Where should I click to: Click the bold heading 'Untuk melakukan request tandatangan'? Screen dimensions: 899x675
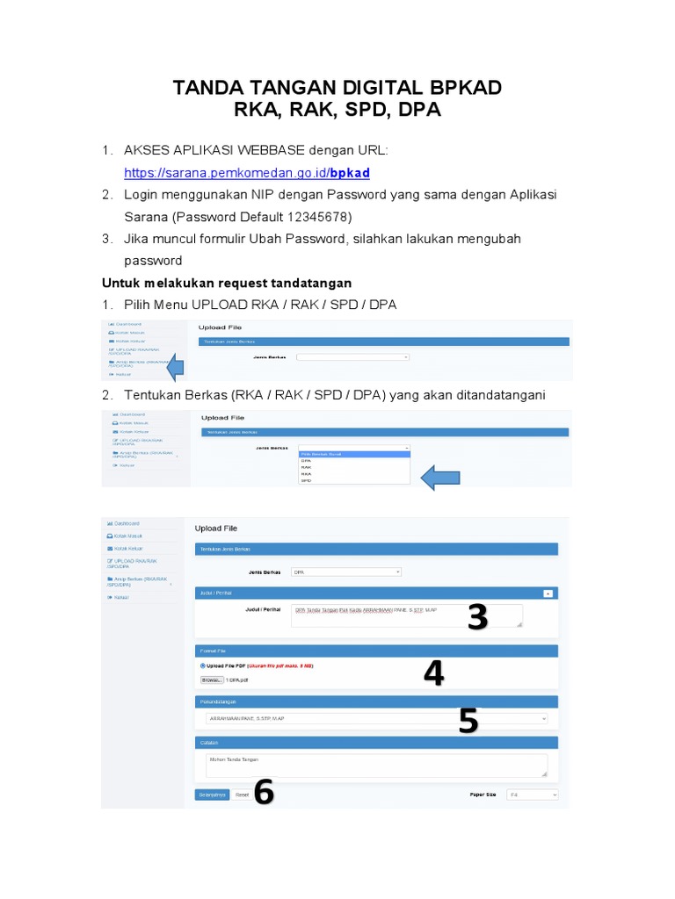click(227, 283)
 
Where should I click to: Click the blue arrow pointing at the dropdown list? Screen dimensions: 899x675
click(442, 478)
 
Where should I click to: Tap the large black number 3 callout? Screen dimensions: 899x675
click(476, 618)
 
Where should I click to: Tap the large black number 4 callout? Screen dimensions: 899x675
click(433, 673)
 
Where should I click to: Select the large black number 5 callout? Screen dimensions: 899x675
click(468, 721)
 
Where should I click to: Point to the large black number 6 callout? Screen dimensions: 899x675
click(264, 793)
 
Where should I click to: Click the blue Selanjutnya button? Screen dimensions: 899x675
click(212, 794)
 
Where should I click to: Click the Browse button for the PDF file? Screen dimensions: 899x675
click(211, 680)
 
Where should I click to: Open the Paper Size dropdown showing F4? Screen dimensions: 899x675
click(532, 794)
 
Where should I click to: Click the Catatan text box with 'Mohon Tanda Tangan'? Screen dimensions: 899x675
click(376, 765)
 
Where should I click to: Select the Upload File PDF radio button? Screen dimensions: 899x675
click(202, 666)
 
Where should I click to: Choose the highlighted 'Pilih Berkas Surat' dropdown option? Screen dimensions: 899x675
click(353, 454)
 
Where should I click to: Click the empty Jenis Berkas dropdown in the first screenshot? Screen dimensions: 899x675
click(353, 357)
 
